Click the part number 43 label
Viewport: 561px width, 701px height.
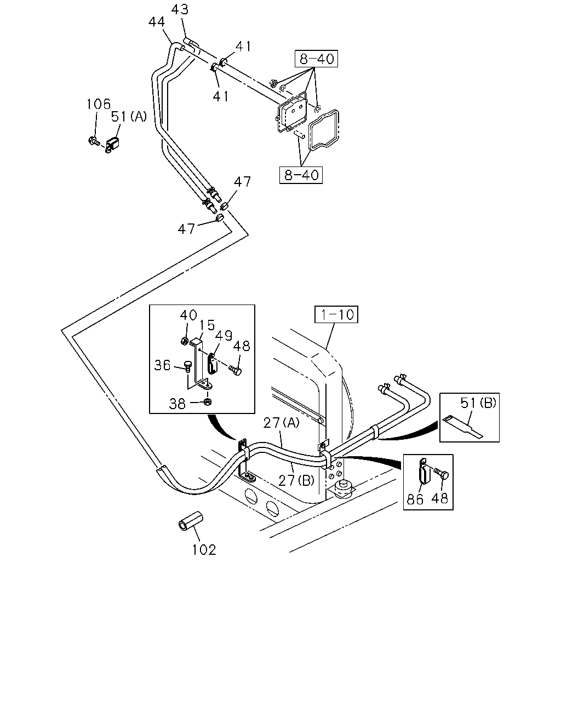pyautogui.click(x=180, y=9)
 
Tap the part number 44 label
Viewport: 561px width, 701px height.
pyautogui.click(x=157, y=22)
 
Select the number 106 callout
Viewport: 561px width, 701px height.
pyautogui.click(x=99, y=104)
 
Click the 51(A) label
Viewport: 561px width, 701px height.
pyautogui.click(x=129, y=116)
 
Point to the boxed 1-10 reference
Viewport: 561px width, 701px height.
pyautogui.click(x=336, y=314)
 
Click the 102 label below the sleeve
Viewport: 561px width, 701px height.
pyautogui.click(x=204, y=550)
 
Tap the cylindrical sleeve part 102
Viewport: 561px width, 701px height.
pyautogui.click(x=191, y=521)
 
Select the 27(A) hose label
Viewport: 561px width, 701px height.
pyautogui.click(x=281, y=423)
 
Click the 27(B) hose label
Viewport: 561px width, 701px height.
pyautogui.click(x=296, y=480)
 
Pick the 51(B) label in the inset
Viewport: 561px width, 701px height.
pyautogui.click(x=478, y=403)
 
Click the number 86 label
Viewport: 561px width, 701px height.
pyautogui.click(x=415, y=499)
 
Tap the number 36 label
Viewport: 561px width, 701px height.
pyautogui.click(x=162, y=365)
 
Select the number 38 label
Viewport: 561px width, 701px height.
pyautogui.click(x=178, y=404)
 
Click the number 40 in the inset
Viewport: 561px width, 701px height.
pyautogui.click(x=188, y=315)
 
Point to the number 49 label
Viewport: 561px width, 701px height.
pyautogui.click(x=224, y=336)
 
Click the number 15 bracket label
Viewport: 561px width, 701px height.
pyautogui.click(x=207, y=325)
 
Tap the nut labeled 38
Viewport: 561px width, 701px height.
pyautogui.click(x=207, y=401)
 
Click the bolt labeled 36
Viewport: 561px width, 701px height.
pyautogui.click(x=188, y=366)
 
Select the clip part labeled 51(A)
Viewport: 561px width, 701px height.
pyautogui.click(x=112, y=145)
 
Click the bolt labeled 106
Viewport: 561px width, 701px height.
pyautogui.click(x=94, y=141)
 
